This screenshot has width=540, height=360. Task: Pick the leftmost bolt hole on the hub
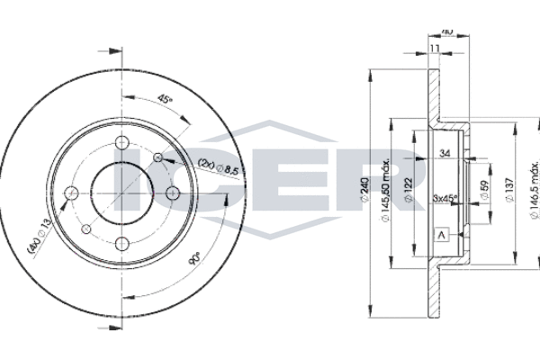pos(76,191)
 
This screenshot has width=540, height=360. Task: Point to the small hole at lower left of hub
pos(87,229)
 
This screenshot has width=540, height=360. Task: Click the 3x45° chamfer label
pos(445,198)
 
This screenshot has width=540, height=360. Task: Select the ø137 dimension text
pos(510,191)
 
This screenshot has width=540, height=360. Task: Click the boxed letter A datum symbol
pos(441,236)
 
